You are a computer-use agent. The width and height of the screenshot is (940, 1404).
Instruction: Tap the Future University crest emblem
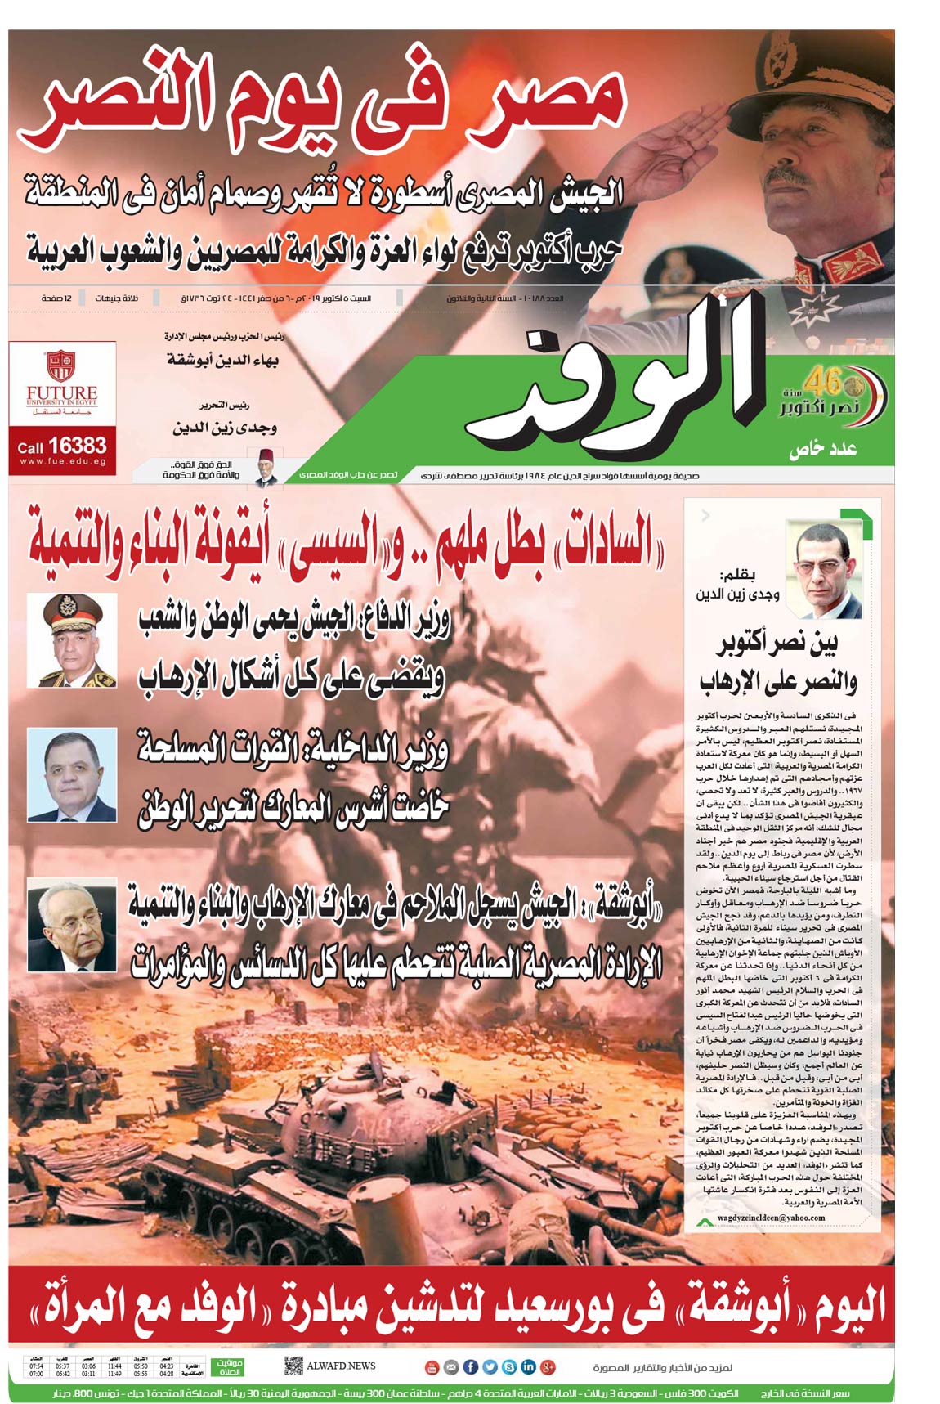[61, 366]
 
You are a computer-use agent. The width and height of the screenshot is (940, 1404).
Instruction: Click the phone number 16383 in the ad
[77, 446]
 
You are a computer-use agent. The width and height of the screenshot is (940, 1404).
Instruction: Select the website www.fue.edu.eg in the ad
[62, 462]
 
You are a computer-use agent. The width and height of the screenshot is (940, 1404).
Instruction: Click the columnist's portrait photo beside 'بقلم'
[823, 570]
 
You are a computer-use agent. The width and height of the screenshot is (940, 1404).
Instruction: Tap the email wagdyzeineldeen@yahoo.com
[771, 1218]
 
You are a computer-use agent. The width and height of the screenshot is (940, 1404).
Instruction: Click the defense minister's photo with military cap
[72, 640]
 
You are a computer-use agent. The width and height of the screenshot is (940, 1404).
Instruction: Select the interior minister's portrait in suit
[72, 774]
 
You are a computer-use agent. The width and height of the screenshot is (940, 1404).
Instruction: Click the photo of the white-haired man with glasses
[72, 925]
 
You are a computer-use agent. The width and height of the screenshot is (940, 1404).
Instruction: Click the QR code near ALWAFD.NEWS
[293, 1366]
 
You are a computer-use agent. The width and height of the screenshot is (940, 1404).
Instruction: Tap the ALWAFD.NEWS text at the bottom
[341, 1366]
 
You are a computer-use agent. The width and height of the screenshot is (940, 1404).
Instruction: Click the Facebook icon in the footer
[471, 1366]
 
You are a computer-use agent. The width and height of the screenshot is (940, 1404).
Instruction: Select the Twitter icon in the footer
[490, 1366]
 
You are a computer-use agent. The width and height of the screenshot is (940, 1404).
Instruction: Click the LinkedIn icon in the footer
[528, 1366]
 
